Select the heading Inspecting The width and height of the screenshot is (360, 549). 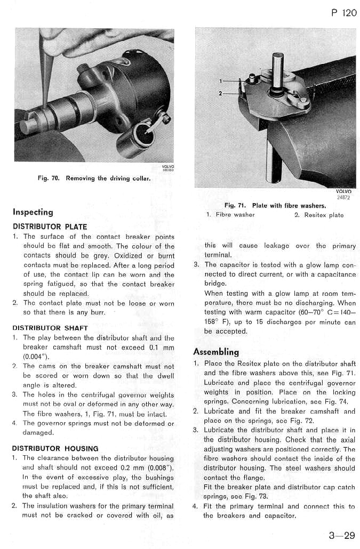coord(33,212)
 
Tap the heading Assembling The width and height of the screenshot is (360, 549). coord(216,352)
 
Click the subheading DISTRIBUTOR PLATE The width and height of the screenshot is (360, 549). coord(50,227)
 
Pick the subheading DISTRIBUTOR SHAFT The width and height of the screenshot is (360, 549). coord(50,328)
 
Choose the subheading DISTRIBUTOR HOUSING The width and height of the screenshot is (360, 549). coord(55,448)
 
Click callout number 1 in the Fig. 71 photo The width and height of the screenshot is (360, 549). coord(221,82)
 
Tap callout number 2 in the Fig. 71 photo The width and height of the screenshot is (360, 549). coord(221,94)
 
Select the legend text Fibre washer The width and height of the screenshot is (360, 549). coord(235,215)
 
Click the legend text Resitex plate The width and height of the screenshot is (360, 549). coord(324,215)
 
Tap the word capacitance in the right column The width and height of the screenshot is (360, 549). coord(334,274)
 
